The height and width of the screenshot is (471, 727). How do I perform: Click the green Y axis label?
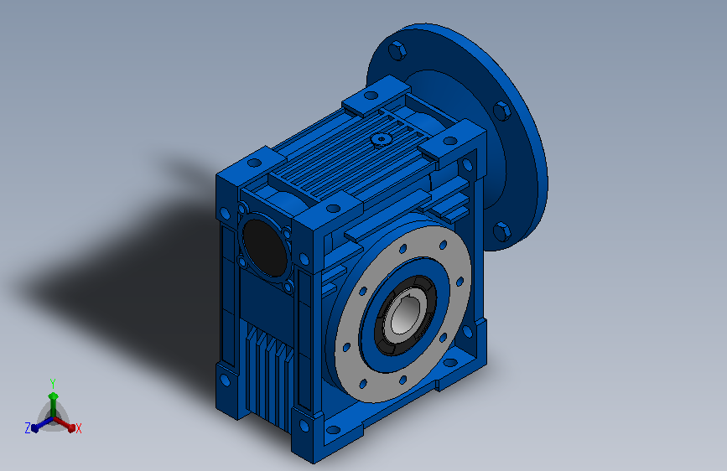[53, 384]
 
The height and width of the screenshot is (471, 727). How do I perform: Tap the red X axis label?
[78, 428]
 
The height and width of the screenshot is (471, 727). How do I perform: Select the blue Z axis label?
[28, 428]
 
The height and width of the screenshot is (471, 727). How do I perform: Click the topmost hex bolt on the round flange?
[397, 50]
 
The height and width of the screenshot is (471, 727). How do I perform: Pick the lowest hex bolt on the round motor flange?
[501, 231]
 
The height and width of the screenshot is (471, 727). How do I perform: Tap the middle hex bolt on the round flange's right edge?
[501, 111]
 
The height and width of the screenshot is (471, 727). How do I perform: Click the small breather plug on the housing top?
[382, 138]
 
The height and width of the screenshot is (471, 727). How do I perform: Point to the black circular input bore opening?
[264, 247]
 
